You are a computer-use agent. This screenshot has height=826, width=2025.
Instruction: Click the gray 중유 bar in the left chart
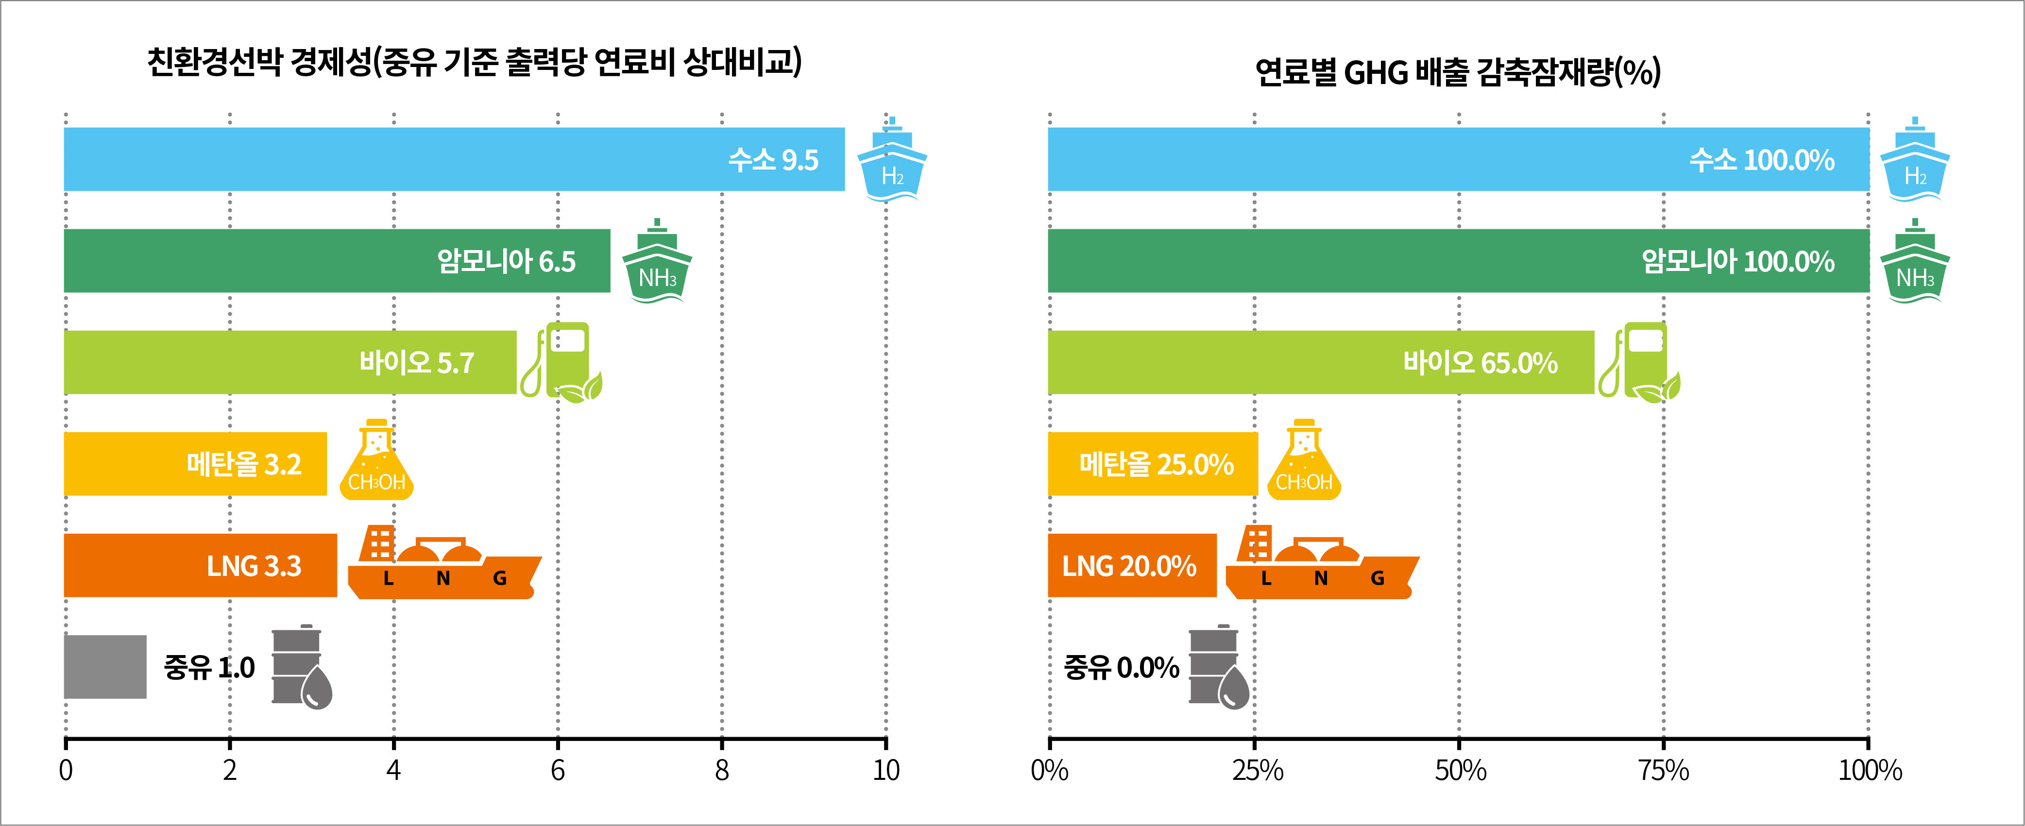(x=104, y=666)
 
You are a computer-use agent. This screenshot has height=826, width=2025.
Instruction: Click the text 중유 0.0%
(x=1121, y=667)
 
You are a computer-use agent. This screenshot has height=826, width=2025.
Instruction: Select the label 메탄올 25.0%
(x=1156, y=464)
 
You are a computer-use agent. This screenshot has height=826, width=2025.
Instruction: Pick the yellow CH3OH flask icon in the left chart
(x=376, y=462)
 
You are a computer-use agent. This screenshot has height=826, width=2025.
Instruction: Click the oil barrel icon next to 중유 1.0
(x=300, y=666)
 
